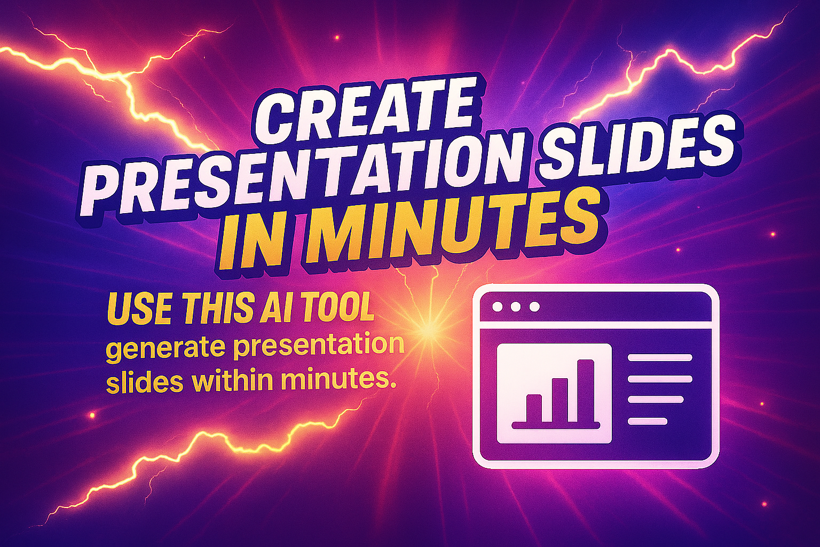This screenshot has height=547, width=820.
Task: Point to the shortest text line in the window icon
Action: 647,421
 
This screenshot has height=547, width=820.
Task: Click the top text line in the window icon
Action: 660,357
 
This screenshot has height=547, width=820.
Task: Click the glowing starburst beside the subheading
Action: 426,331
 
